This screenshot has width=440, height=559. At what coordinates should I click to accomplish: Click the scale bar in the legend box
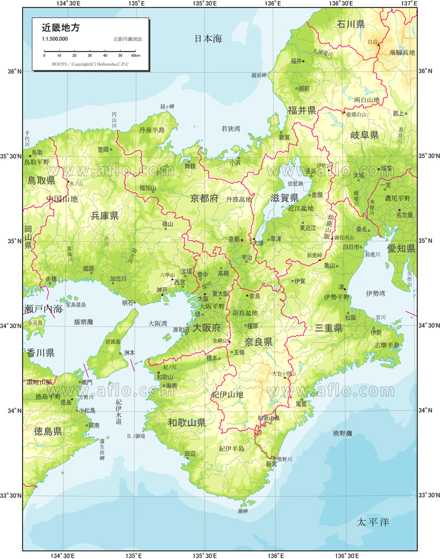pos(90,51)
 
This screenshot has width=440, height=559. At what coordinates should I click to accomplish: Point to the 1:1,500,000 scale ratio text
pos(55,39)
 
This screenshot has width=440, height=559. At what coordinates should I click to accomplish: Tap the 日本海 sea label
pos(208,39)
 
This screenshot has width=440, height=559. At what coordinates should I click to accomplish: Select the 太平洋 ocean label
pos(372,523)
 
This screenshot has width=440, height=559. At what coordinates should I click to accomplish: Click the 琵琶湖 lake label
pos(295,183)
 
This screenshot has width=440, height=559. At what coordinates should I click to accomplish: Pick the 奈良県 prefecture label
pos(258,342)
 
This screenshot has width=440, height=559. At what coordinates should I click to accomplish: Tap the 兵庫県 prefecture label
pos(104,216)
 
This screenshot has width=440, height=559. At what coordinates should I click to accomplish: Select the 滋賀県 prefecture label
pos(285,197)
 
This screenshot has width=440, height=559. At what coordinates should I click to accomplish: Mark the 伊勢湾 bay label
pos(375,292)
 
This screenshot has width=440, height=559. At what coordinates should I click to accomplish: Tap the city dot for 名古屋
pos(399,210)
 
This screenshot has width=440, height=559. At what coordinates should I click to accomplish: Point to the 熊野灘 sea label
pos(358,433)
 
